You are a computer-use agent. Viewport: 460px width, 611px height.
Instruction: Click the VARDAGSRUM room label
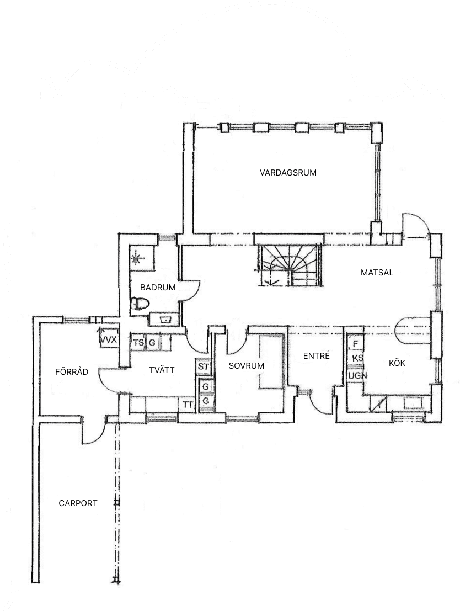(288, 172)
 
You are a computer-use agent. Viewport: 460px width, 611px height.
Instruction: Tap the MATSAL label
(377, 272)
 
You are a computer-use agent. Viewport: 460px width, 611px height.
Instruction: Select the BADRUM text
(158, 287)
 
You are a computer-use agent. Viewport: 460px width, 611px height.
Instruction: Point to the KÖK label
(397, 363)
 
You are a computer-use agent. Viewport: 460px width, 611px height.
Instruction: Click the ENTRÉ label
(316, 356)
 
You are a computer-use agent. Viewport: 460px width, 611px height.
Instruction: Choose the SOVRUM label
(246, 365)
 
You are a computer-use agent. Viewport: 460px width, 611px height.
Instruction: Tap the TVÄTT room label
(162, 370)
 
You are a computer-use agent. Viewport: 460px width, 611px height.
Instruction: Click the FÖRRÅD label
(72, 371)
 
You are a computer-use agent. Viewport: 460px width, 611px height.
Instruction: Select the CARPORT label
(78, 503)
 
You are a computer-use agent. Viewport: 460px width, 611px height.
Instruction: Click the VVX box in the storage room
(109, 339)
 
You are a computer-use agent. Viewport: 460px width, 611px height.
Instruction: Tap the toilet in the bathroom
(141, 304)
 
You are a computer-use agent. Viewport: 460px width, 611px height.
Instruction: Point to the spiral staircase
(290, 265)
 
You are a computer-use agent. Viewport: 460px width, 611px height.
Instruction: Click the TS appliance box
(138, 343)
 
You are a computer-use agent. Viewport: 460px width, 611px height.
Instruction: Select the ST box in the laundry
(204, 366)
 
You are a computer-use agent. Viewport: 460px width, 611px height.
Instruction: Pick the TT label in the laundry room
(188, 405)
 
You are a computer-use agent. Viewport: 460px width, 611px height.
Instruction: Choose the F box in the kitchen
(356, 343)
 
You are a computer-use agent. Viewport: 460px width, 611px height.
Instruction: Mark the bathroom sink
(164, 318)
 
